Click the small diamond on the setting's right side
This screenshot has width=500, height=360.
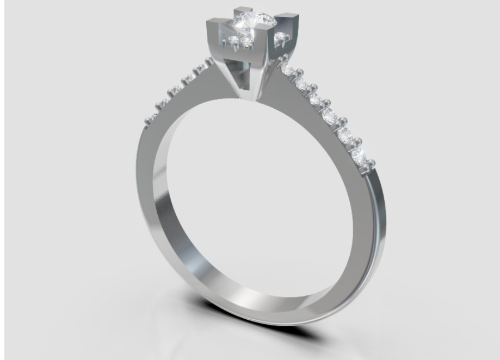point(281,38)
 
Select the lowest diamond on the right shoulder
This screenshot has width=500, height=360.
point(359,156)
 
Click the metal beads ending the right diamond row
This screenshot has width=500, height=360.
point(371,162)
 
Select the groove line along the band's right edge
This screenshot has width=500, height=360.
point(375,228)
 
